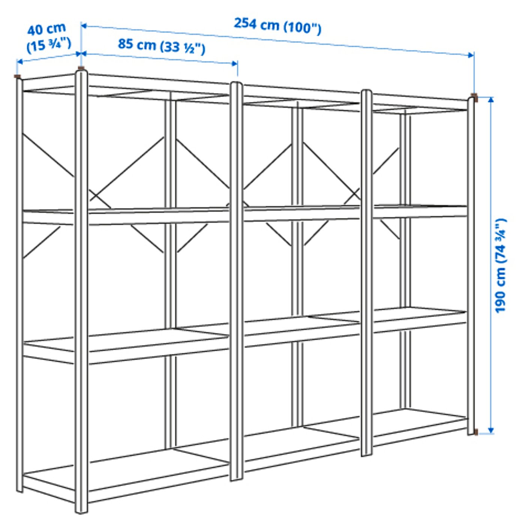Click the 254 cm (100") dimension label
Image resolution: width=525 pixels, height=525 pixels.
277,25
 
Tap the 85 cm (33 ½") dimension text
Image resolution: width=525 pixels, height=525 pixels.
162,46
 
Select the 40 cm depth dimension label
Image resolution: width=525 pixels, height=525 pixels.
48,37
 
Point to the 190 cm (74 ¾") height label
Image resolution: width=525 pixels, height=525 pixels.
500,265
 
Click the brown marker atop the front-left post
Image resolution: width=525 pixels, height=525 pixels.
81,68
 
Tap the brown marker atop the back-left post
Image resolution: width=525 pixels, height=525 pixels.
17,76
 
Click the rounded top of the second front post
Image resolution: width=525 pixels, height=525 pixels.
236,84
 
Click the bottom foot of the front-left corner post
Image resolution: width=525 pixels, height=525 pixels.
81,511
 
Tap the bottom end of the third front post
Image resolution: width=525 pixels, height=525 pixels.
366,454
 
